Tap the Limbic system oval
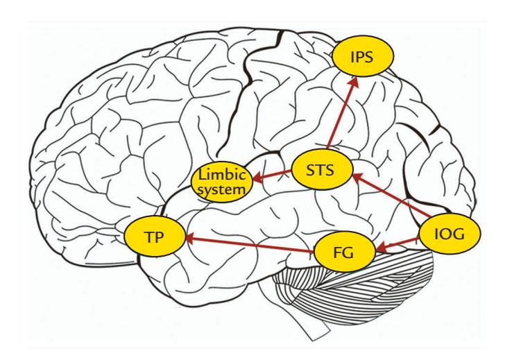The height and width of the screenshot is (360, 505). [x=219, y=181]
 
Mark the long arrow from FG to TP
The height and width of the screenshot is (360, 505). [x=250, y=243]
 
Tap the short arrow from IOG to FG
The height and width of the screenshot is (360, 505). [x=398, y=241]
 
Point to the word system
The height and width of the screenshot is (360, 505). [x=220, y=188]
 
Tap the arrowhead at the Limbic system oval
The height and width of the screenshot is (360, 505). [x=253, y=178]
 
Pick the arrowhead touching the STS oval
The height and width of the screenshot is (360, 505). [x=354, y=177]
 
